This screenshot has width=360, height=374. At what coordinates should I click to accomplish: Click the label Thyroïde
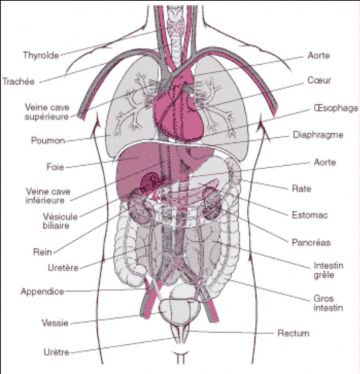tap(41, 55)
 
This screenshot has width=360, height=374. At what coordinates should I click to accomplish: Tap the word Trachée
tap(19, 82)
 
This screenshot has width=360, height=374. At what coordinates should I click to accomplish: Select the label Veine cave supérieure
tap(47, 112)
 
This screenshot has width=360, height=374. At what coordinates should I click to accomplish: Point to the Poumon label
tap(48, 140)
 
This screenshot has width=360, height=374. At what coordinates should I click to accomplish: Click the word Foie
tap(55, 166)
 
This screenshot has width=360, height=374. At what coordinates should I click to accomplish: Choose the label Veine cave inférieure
tap(48, 196)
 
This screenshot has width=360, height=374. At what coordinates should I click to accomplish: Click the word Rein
tap(42, 252)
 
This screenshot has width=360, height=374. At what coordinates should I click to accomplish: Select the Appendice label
tap(42, 292)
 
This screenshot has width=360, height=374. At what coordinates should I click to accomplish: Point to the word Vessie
tap(55, 323)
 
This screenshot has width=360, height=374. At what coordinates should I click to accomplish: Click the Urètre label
tap(57, 352)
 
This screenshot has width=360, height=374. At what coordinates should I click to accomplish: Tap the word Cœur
tap(319, 80)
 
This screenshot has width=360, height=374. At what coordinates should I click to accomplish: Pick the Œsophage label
tap(336, 108)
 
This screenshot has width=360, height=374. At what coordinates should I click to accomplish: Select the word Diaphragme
tap(318, 135)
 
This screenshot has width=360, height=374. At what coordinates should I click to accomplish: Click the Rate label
tap(301, 189)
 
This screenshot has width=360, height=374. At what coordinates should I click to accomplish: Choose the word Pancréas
tap(311, 242)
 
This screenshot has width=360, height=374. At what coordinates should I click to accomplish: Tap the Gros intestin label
tap(328, 303)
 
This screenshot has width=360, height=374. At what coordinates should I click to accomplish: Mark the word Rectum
tap(293, 333)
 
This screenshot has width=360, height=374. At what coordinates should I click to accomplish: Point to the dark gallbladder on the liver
tap(151, 183)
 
